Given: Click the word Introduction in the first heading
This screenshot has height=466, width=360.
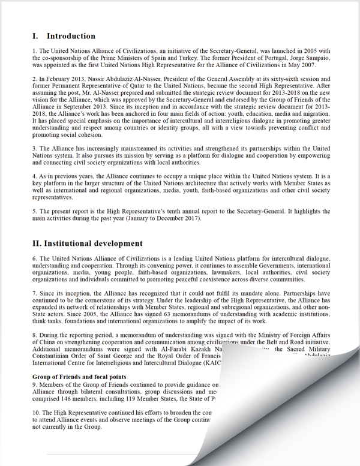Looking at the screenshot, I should point(71,36).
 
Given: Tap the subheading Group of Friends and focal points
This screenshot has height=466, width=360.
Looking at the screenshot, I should point(79,376).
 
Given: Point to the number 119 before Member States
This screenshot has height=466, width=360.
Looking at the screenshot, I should point(127,398).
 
